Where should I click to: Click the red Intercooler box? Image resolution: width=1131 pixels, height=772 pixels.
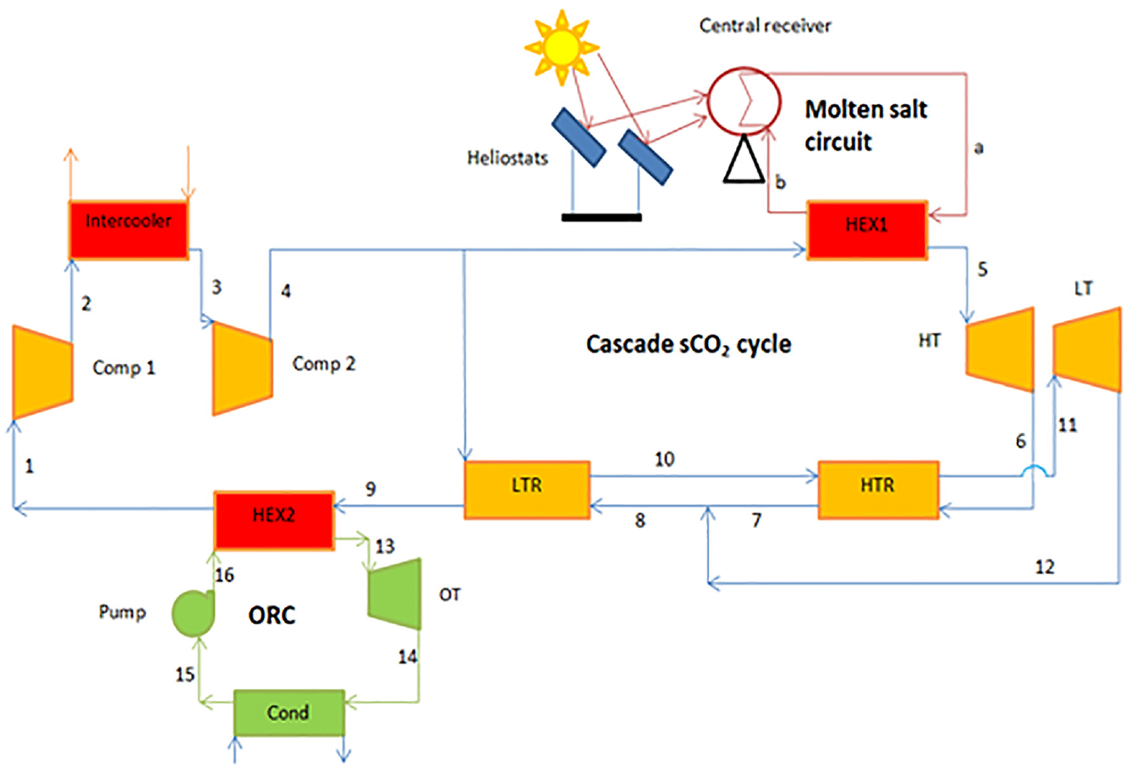(x=129, y=230)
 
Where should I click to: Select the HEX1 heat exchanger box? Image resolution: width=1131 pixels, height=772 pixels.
(x=867, y=230)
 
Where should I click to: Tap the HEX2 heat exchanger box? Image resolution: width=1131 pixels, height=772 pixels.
(x=274, y=521)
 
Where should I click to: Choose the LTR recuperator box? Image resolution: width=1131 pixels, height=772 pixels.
(x=527, y=490)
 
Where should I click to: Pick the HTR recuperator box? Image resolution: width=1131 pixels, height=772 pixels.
(x=879, y=490)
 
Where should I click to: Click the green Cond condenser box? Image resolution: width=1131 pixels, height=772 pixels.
(x=289, y=713)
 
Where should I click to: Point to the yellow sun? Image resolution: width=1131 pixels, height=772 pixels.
(x=562, y=48)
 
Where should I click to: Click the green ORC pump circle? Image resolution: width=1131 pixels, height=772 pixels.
(x=193, y=613)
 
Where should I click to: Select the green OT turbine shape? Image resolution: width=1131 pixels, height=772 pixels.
(x=395, y=594)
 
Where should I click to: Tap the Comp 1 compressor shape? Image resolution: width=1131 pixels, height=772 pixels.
(x=43, y=372)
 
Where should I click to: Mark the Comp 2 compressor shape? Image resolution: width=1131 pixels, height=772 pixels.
(x=243, y=368)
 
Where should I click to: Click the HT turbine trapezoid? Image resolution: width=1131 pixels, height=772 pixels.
(x=1000, y=349)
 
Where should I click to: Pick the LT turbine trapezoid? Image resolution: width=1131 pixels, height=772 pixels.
(x=1087, y=349)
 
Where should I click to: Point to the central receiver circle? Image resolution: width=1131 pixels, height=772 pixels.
(x=744, y=102)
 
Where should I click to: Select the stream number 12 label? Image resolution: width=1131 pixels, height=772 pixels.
(x=1045, y=567)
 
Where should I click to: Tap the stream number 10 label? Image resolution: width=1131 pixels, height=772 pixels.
(x=664, y=460)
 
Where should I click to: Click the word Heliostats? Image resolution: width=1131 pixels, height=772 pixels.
(x=508, y=158)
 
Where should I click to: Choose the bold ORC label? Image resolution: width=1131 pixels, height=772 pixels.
(x=272, y=615)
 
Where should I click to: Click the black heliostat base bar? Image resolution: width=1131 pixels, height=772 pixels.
(x=601, y=218)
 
